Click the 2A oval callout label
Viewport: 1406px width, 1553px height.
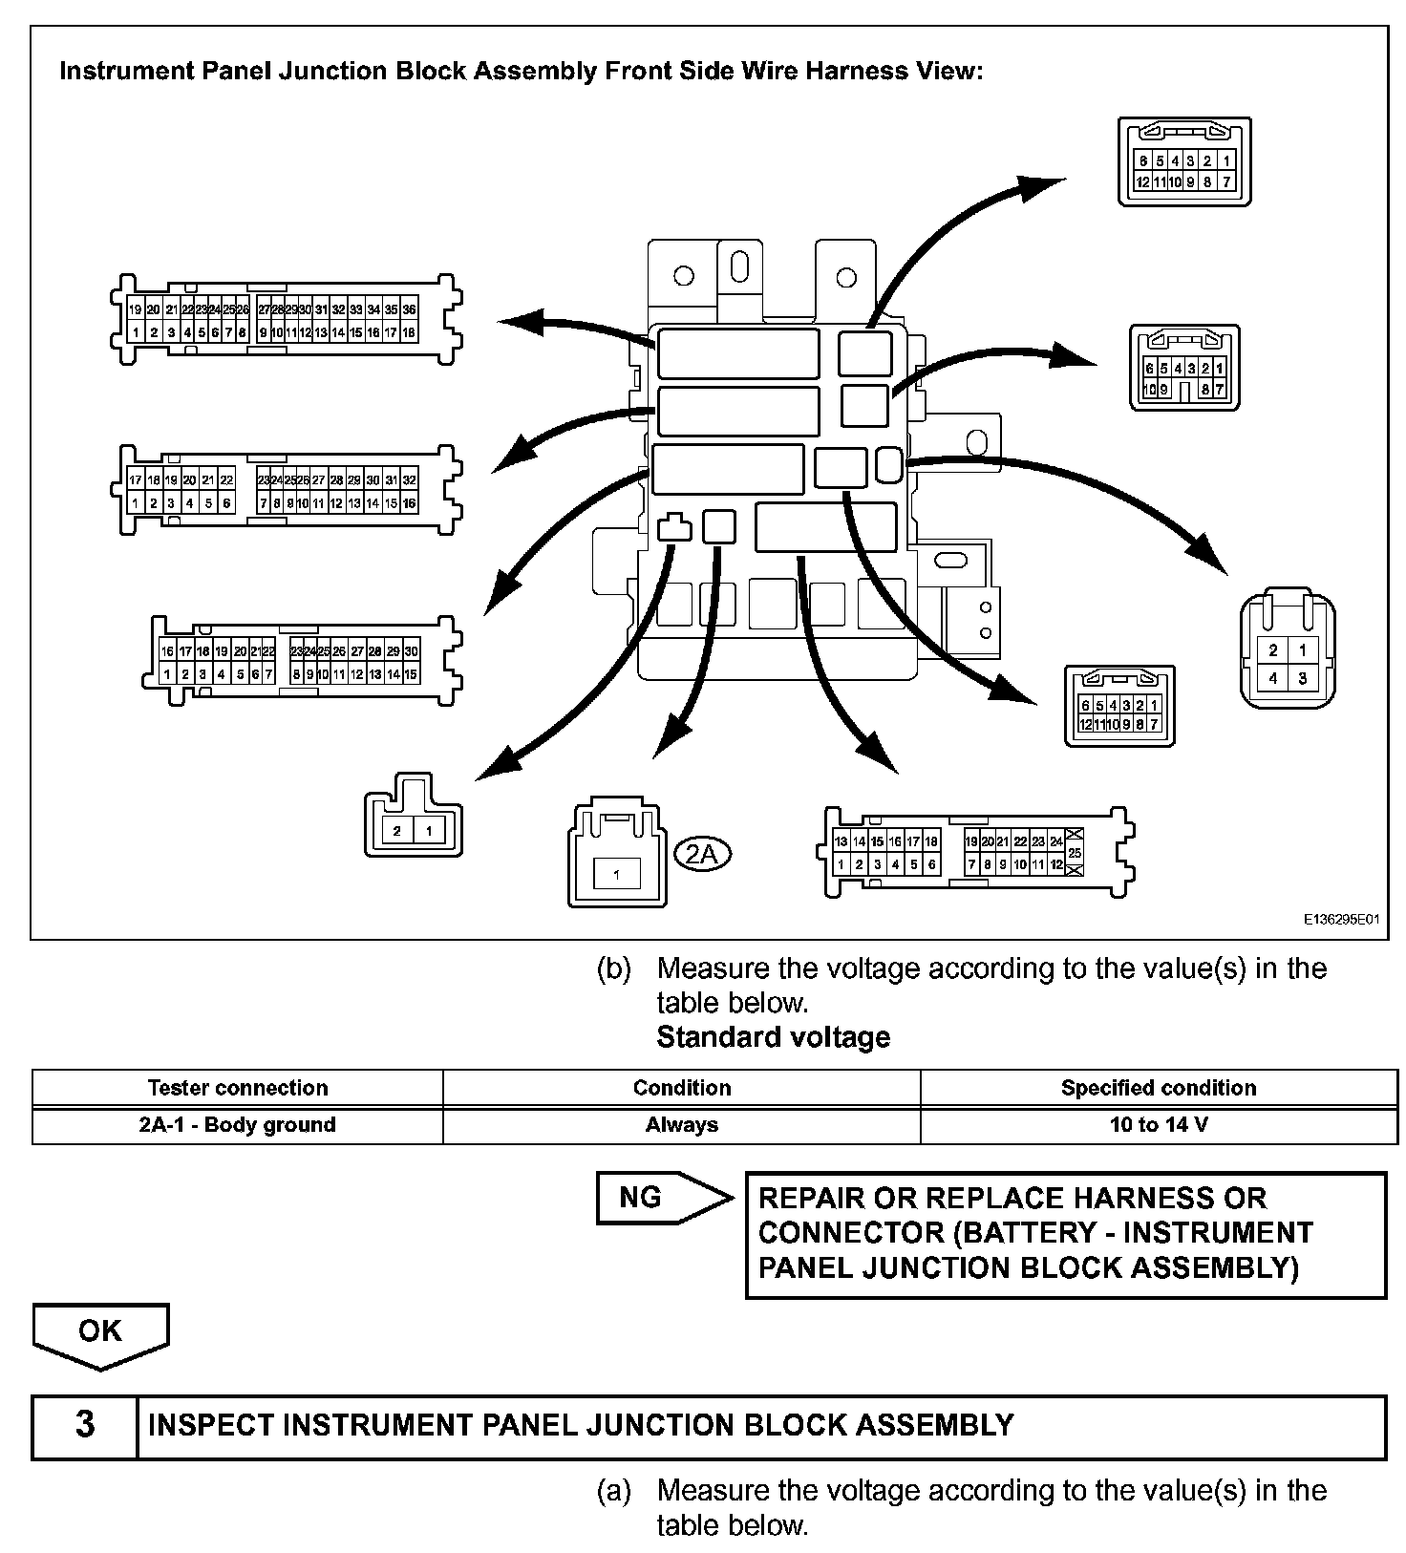(702, 853)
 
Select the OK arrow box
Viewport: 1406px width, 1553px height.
(100, 1331)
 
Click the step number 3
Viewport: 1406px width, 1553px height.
(85, 1425)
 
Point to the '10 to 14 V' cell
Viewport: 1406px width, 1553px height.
(1158, 1124)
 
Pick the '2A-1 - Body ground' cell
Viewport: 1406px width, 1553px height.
(237, 1124)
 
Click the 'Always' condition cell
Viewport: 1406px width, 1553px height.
(681, 1124)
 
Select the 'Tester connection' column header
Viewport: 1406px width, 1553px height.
(237, 1088)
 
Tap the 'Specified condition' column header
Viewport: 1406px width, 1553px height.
(1158, 1088)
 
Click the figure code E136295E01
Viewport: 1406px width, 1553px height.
(1342, 919)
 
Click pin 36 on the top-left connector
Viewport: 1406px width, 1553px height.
(409, 309)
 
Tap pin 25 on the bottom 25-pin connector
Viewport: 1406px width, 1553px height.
(1075, 852)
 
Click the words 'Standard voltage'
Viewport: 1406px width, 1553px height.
(773, 1037)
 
